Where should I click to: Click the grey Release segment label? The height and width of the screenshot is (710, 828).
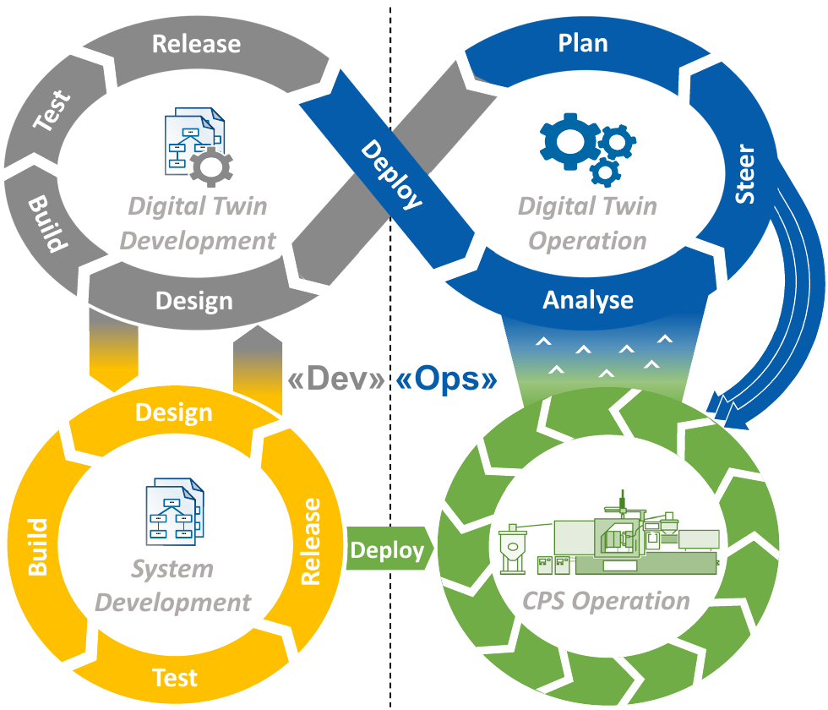point(196,44)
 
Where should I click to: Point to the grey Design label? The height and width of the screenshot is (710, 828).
point(194,301)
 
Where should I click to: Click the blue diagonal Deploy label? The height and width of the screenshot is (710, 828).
point(391,174)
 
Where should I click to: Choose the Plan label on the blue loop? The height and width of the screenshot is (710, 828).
point(583,43)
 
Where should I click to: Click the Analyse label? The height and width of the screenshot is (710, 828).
point(588,300)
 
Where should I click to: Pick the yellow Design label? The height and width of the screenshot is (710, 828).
point(174,412)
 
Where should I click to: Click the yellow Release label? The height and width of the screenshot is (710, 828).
point(311,542)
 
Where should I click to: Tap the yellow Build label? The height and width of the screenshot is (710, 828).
point(38,547)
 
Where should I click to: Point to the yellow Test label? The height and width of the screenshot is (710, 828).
point(175,677)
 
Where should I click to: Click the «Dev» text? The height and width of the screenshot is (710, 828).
point(336,380)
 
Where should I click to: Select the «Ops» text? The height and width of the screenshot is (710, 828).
point(446,380)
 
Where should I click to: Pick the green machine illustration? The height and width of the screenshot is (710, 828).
point(608,538)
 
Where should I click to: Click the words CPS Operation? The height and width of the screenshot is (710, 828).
point(606,601)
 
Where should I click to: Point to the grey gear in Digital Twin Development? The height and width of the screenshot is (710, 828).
point(210,166)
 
